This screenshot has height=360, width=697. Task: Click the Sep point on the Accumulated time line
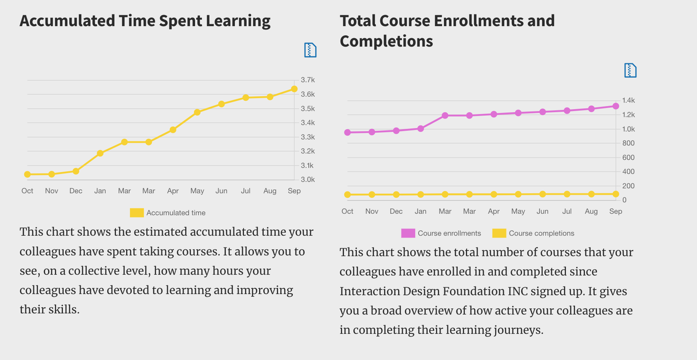pos(294,89)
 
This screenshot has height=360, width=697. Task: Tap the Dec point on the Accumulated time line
pos(76,171)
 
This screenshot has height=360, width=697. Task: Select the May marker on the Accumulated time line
pos(197,112)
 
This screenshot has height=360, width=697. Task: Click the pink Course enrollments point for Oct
pos(347,133)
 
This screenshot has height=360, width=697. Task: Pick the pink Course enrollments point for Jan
pos(420,129)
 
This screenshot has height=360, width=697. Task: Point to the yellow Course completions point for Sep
pos(616,194)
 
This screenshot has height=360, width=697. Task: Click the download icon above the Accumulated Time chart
pos(310,50)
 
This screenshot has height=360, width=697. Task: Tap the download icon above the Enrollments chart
pos(630,70)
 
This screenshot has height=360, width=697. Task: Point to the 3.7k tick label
pos(308,80)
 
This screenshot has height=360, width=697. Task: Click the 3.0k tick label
pos(308,180)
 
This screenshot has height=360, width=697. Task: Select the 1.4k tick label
pos(628,100)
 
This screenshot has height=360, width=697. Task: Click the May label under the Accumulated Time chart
pos(197,191)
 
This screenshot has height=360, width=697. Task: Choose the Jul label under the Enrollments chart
pos(567,211)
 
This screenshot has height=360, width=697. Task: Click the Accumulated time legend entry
pos(168,213)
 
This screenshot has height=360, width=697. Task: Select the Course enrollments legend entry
pos(441,233)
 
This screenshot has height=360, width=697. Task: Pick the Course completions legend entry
pos(533,233)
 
